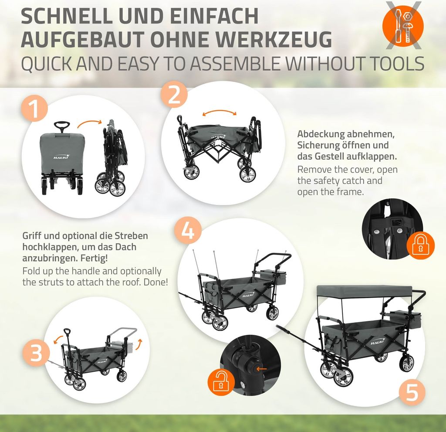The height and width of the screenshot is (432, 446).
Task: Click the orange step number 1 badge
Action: pyautogui.click(x=34, y=109)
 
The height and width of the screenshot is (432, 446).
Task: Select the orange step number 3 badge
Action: pyautogui.click(x=36, y=352)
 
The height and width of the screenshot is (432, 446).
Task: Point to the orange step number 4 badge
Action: pyautogui.click(x=187, y=230)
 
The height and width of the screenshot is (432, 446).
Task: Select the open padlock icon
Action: pyautogui.click(x=221, y=381)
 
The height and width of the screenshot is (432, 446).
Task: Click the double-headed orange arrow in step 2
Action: pyautogui.click(x=220, y=111)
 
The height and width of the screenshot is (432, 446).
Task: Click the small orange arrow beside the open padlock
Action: pyautogui.click(x=261, y=369)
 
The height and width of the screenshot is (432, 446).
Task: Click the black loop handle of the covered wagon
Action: pyautogui.click(x=62, y=125)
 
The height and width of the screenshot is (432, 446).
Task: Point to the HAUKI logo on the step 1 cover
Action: pyautogui.click(x=61, y=156)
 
